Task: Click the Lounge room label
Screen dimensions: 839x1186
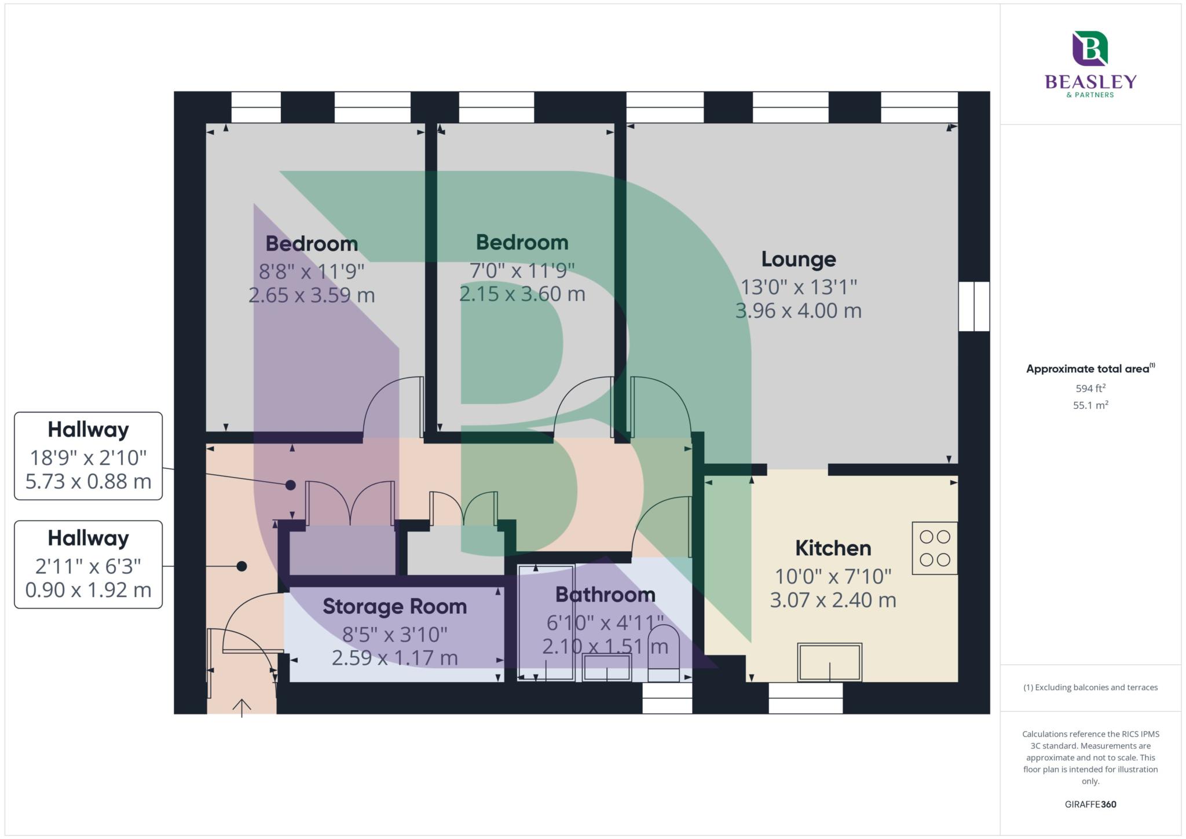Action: tap(798, 259)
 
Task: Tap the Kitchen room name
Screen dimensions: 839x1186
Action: tap(833, 548)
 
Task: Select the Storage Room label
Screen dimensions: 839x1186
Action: tap(394, 606)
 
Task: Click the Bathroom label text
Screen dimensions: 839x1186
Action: tap(605, 595)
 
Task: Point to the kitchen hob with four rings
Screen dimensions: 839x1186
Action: tap(935, 548)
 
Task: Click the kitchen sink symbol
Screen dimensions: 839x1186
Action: tap(829, 662)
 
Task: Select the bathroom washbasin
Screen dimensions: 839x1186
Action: tap(606, 668)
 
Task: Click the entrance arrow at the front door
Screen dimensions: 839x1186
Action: tap(241, 708)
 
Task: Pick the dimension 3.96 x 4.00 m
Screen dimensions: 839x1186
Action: tap(798, 311)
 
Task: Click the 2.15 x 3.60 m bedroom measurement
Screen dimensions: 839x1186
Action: tap(522, 294)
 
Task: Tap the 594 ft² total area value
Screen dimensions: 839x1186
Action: tap(1090, 389)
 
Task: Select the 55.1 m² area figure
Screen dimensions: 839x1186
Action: tap(1090, 405)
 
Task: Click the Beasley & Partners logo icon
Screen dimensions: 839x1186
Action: tap(1090, 49)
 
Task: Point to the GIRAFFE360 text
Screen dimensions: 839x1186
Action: tap(1090, 804)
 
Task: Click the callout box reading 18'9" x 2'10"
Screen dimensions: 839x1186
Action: tap(88, 456)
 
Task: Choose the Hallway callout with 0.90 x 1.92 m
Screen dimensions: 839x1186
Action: tap(88, 565)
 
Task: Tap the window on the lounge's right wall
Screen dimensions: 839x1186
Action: tap(974, 306)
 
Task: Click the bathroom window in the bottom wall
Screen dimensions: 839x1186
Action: tap(667, 698)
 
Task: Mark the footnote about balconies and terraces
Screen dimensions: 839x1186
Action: tap(1090, 687)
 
